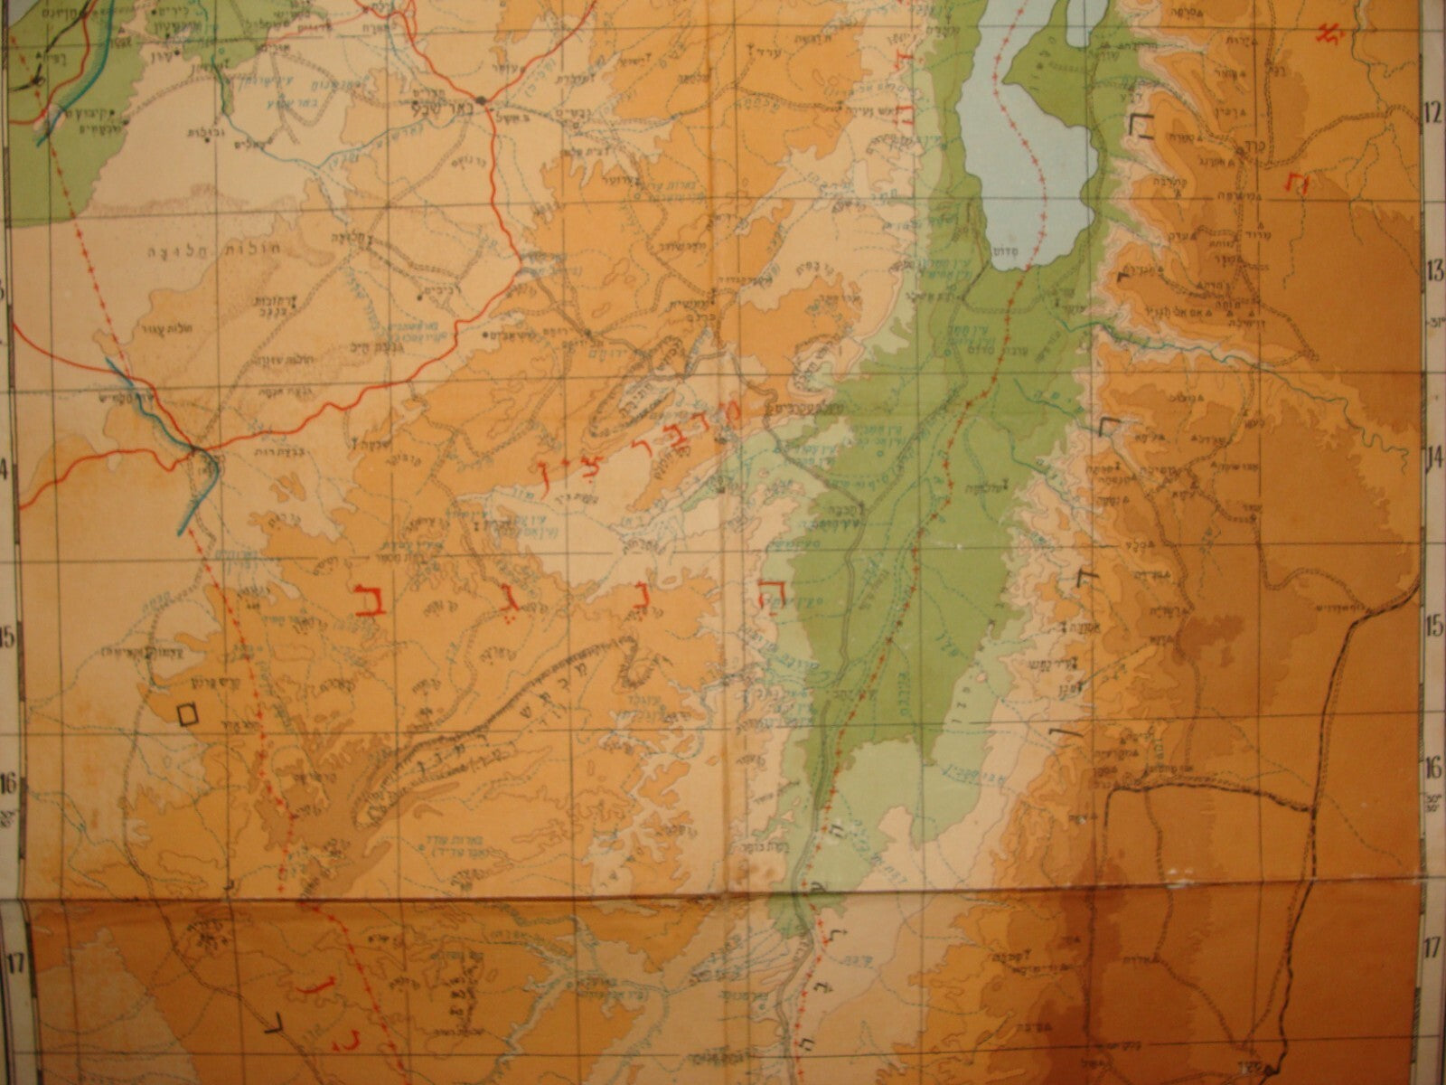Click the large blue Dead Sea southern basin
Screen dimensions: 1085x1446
click(1021, 136)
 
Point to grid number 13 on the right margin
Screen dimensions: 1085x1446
click(1431, 269)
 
